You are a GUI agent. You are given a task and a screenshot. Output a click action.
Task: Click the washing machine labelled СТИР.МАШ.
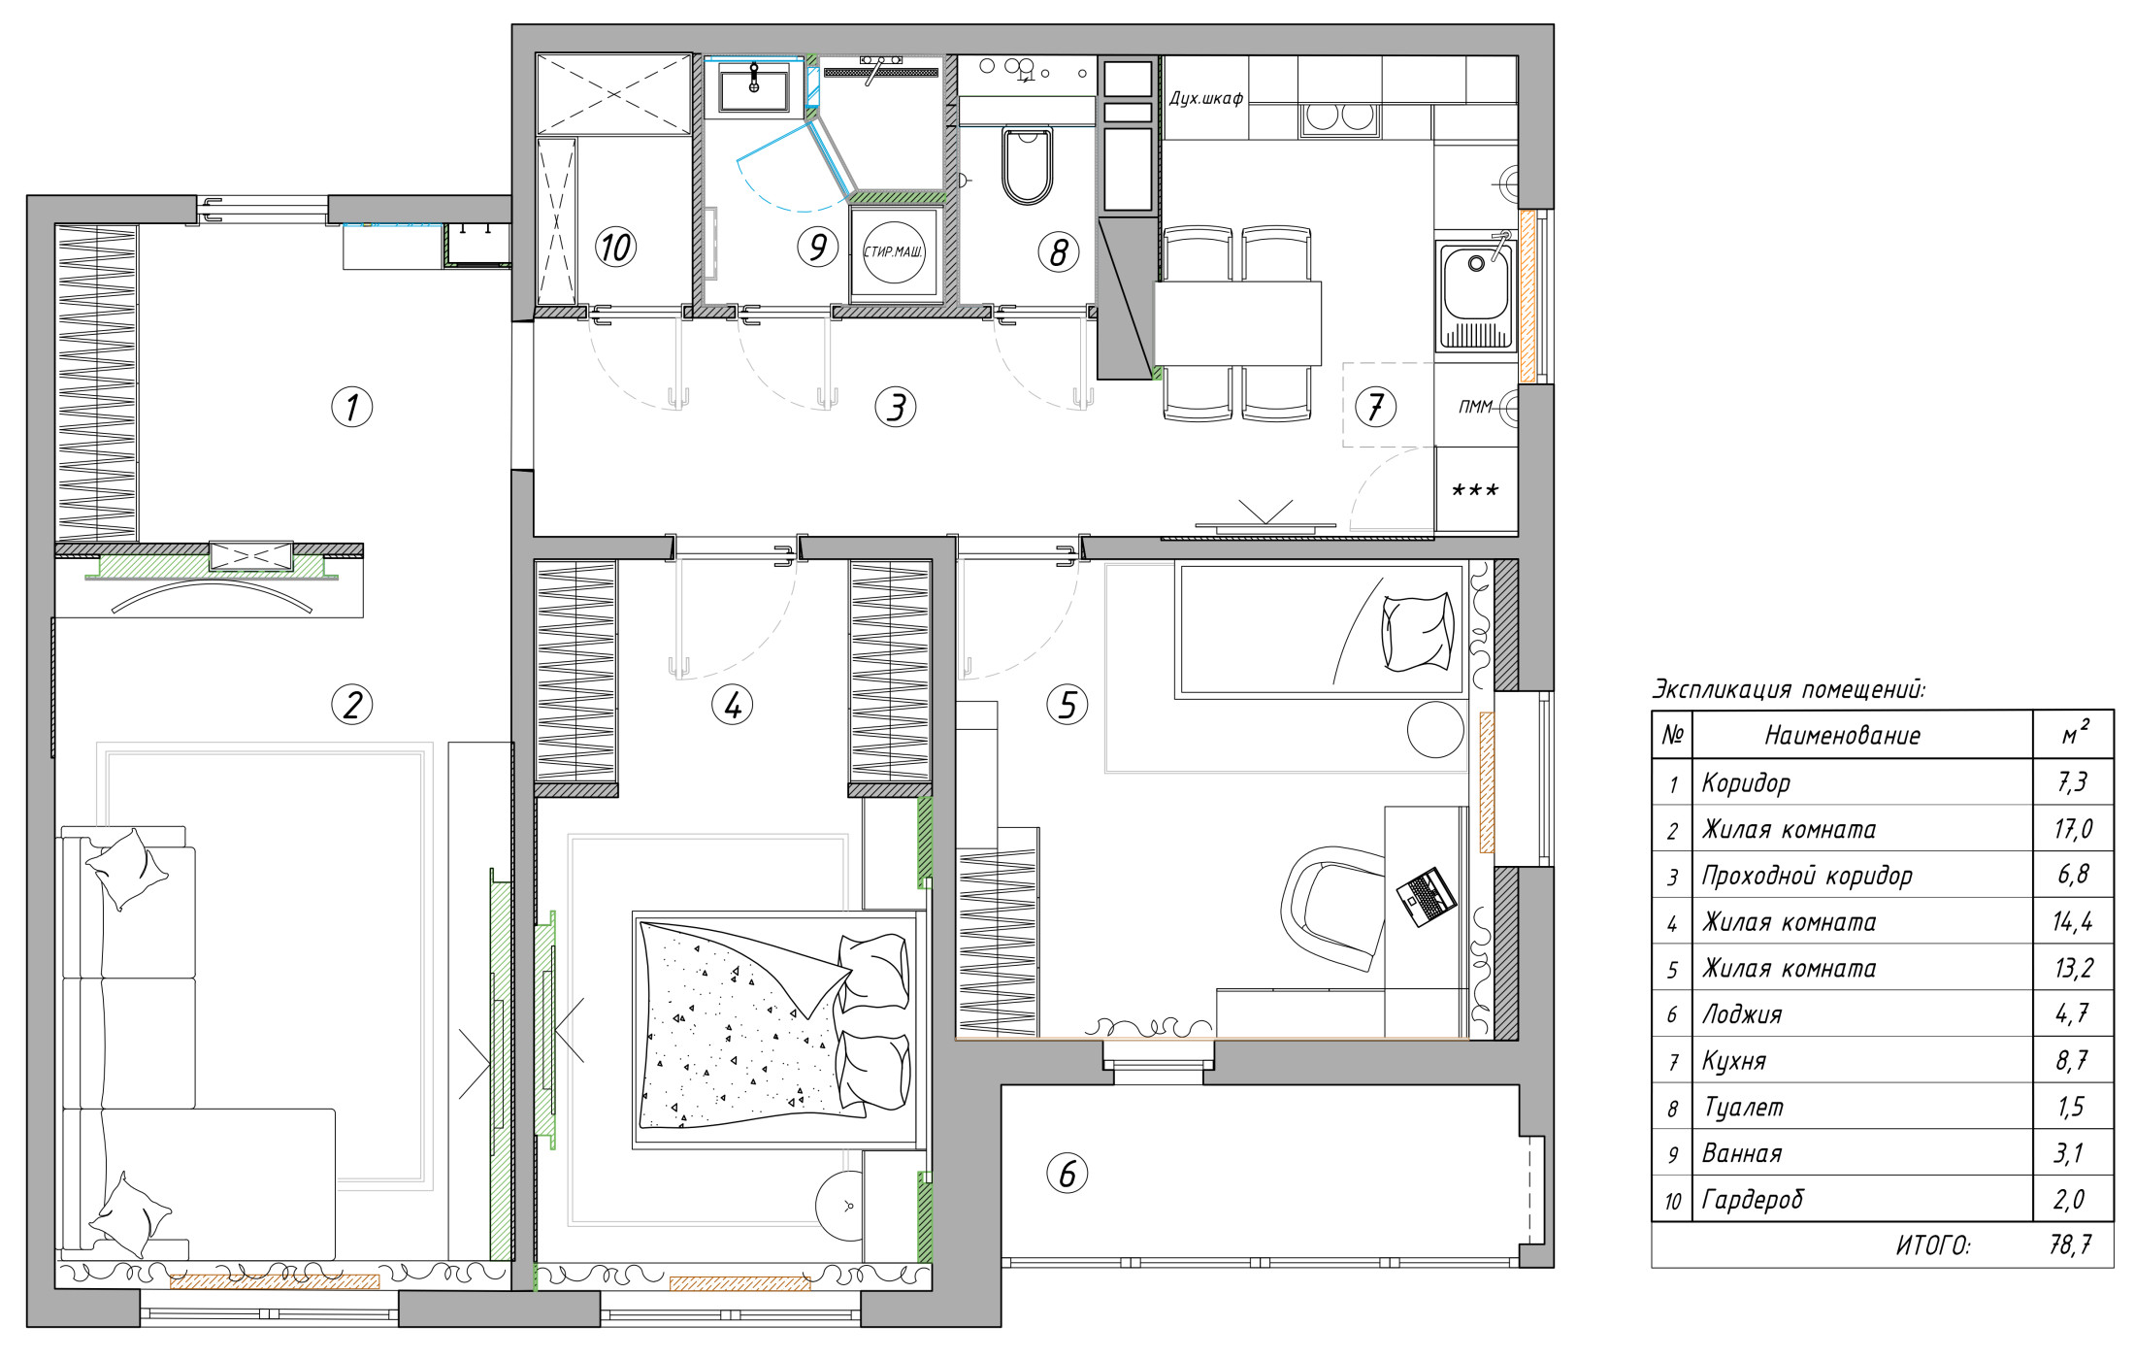[894, 252]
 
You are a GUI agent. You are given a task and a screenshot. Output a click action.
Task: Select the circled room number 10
[615, 247]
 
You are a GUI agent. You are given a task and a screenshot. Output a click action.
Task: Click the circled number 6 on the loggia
[1067, 1173]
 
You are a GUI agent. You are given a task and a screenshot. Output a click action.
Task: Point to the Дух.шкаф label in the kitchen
[1206, 98]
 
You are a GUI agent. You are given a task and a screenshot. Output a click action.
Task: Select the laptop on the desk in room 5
[1426, 896]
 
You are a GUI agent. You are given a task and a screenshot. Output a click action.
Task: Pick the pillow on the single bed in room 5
[1418, 632]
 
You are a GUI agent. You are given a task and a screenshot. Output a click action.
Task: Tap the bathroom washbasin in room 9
[754, 87]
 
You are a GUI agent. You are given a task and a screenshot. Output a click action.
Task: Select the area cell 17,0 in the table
[2072, 829]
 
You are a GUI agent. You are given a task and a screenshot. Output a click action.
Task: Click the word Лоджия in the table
[1742, 1014]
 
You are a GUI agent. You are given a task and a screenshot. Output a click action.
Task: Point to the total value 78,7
[2070, 1244]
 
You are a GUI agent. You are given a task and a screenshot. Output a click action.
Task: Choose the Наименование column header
[1842, 736]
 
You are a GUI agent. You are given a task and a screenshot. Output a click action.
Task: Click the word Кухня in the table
[1734, 1061]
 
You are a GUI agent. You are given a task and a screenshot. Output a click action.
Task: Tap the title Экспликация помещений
[1789, 690]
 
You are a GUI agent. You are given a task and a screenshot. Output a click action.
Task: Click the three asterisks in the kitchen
[1475, 490]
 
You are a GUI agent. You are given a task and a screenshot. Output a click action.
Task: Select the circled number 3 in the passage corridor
[895, 407]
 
